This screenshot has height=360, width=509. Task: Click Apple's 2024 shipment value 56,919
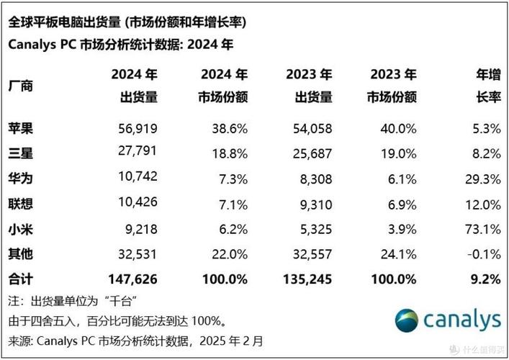136,129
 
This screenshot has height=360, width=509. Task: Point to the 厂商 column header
22,86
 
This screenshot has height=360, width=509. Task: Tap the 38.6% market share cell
229,129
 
